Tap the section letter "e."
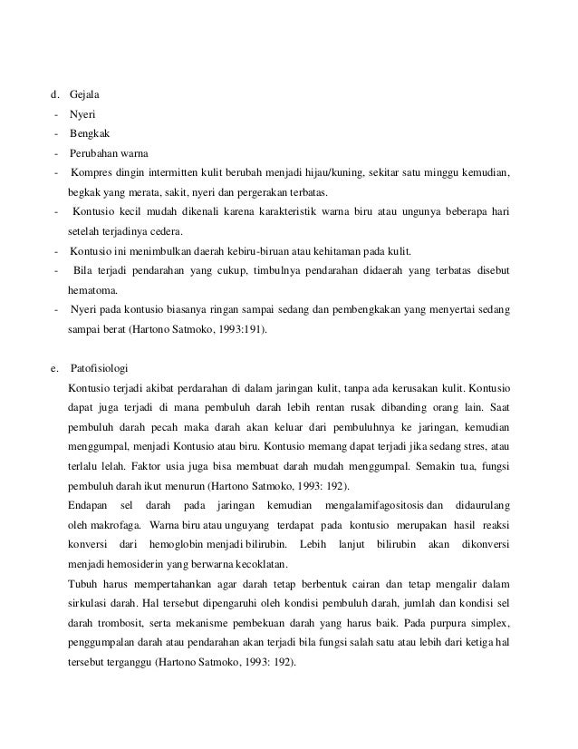[55, 368]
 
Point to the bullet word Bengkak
[89, 132]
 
